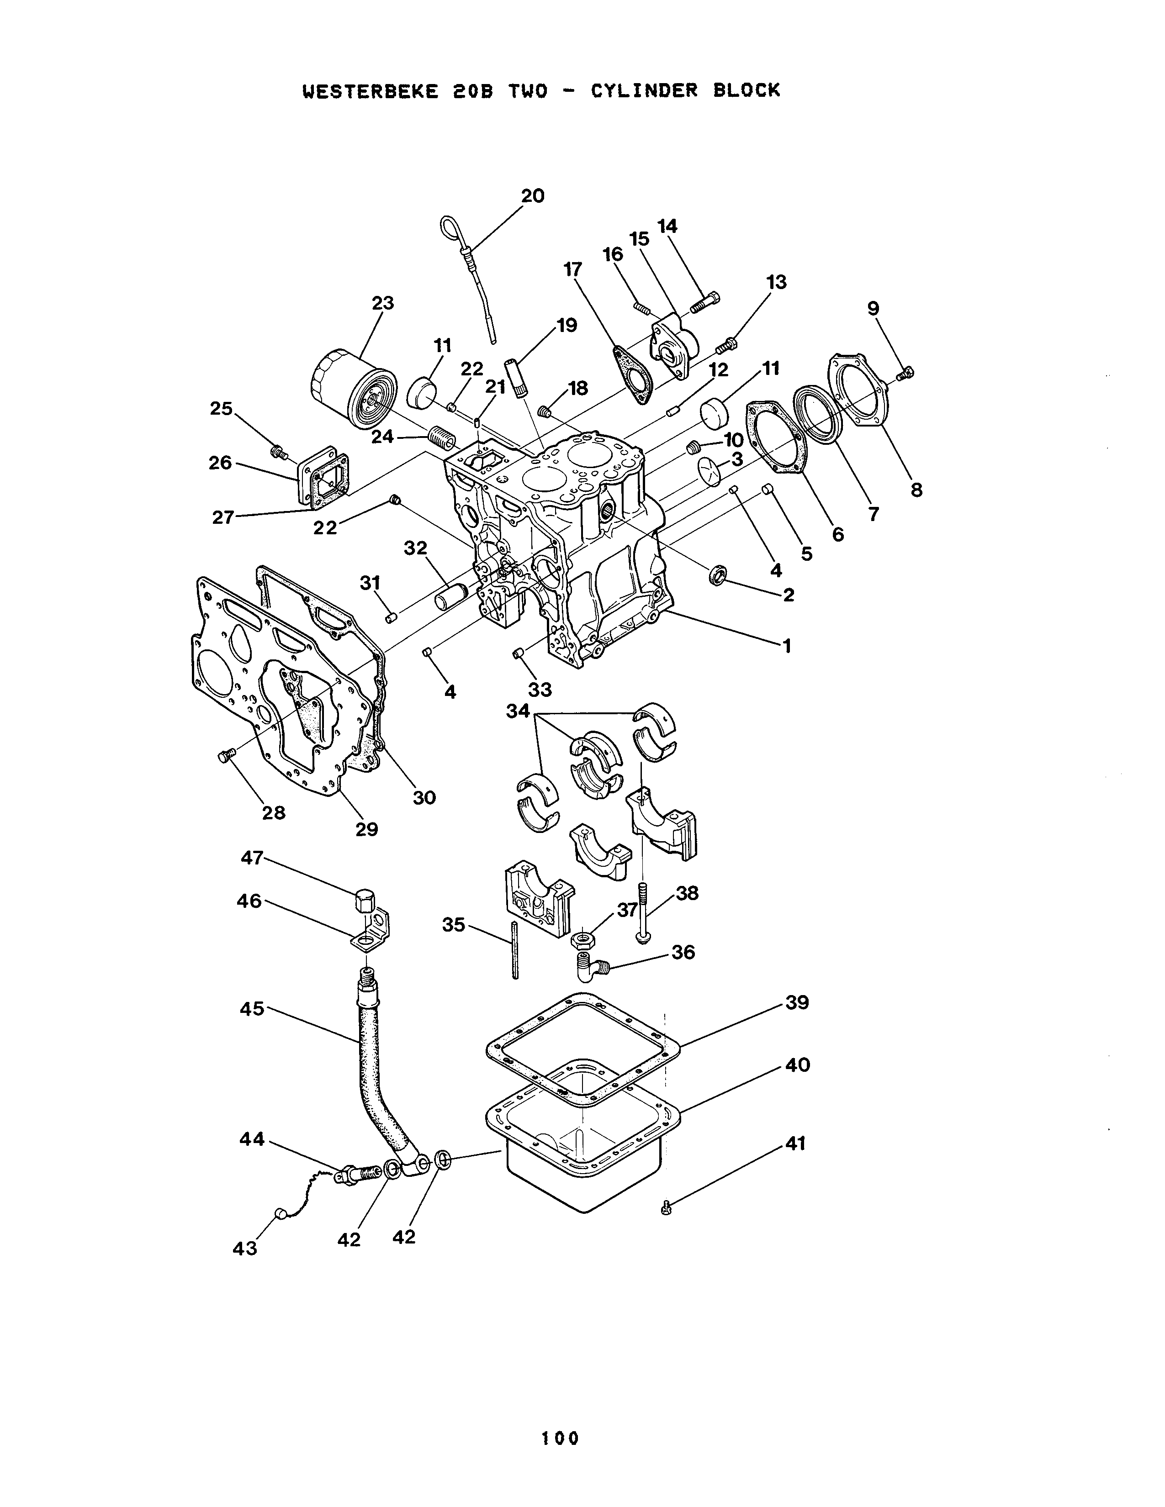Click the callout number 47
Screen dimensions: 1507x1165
point(251,858)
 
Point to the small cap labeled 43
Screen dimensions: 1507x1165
point(280,1213)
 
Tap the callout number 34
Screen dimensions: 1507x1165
point(518,710)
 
